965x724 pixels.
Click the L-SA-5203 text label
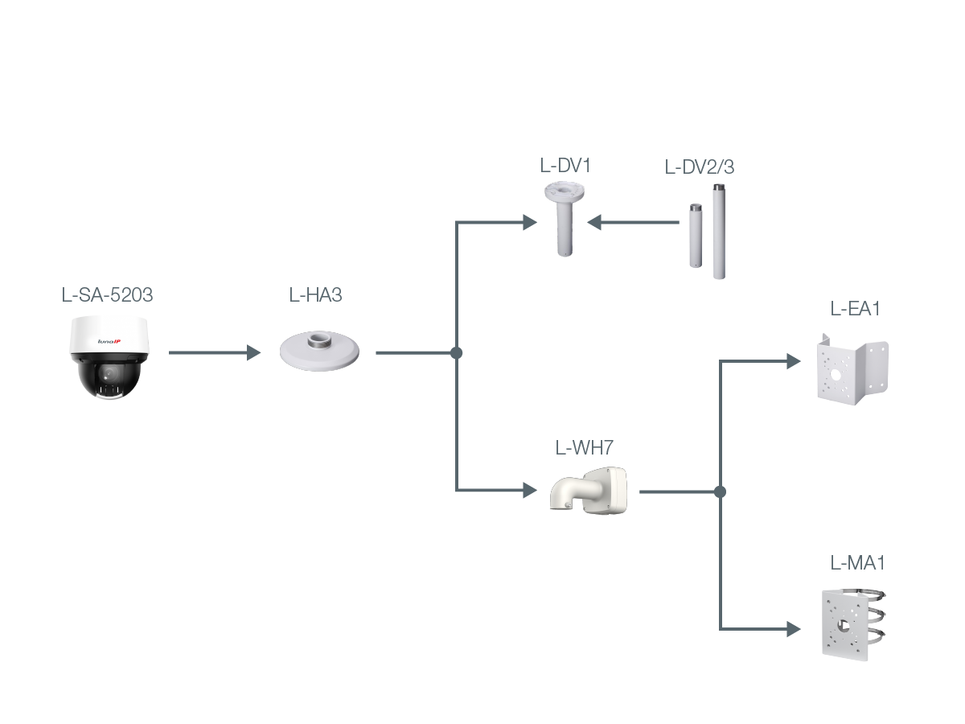click(107, 295)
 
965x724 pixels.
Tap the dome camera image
click(109, 356)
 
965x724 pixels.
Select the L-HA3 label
click(315, 295)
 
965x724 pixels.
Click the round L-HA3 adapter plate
click(319, 351)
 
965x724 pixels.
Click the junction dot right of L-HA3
click(457, 352)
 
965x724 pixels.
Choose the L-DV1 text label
click(565, 167)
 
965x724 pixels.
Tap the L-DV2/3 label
click(700, 167)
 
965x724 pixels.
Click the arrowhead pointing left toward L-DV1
click(595, 222)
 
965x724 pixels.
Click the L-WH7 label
click(584, 448)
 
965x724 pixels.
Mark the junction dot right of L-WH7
click(720, 491)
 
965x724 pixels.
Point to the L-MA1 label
click(857, 563)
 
